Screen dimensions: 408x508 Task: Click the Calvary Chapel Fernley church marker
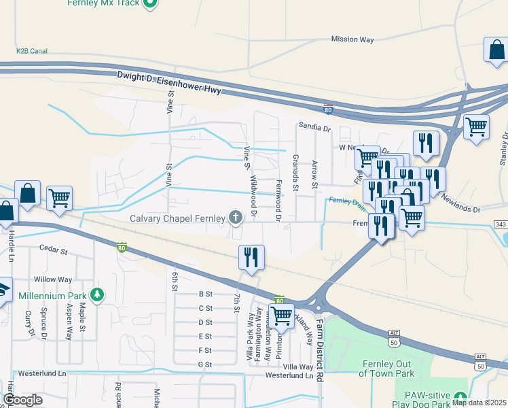tap(236, 218)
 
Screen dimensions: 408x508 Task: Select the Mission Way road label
tap(352, 39)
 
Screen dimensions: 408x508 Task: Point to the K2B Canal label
tap(32, 50)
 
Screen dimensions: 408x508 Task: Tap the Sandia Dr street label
tap(314, 127)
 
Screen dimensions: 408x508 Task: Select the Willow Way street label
tap(53, 279)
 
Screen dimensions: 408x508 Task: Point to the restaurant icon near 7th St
tap(251, 257)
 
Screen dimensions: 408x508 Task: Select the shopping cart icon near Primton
tap(281, 316)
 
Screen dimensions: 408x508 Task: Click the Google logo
tap(22, 400)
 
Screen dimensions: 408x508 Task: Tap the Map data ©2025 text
tap(479, 403)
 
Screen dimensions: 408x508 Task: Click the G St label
tap(205, 364)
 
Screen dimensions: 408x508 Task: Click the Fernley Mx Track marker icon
tap(152, 3)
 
